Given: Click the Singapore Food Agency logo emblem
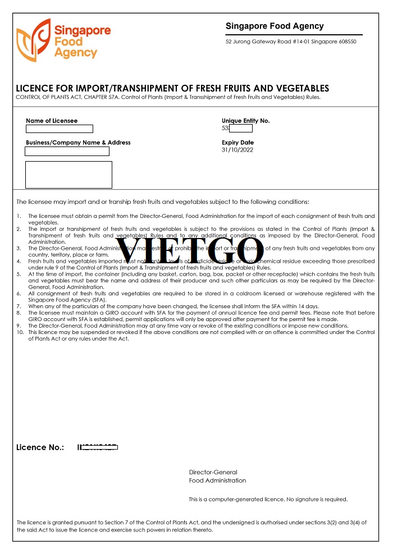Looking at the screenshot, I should [33, 39].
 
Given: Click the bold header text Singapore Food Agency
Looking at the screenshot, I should [275, 26].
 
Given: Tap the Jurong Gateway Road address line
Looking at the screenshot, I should [290, 42].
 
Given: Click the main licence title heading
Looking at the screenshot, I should [172, 89].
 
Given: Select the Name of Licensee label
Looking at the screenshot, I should [52, 121].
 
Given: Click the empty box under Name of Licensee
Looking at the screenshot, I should [59, 129].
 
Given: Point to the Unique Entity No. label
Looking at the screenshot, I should [246, 121].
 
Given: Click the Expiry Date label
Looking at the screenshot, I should [237, 143].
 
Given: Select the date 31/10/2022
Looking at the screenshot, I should [238, 150].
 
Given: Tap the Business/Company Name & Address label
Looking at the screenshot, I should [78, 143].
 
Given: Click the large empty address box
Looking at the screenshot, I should [68, 175].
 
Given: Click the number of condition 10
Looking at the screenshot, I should [19, 332].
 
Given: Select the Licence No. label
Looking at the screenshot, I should [40, 447].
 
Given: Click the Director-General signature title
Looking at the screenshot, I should [213, 472].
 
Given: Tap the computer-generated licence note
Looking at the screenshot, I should [268, 499].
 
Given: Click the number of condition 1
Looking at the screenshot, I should [19, 216].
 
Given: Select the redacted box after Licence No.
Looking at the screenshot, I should [98, 447].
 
